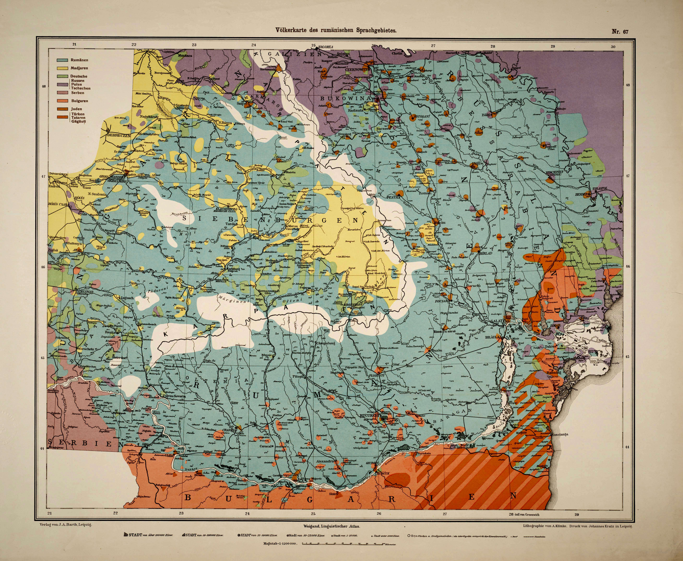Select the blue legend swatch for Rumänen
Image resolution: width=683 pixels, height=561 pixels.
(62, 60)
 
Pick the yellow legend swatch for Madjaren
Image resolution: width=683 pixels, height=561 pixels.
(62, 68)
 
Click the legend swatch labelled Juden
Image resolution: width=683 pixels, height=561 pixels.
(62, 109)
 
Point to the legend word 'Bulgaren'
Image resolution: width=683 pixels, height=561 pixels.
(79, 101)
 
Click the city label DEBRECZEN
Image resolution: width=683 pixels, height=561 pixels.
(119, 136)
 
